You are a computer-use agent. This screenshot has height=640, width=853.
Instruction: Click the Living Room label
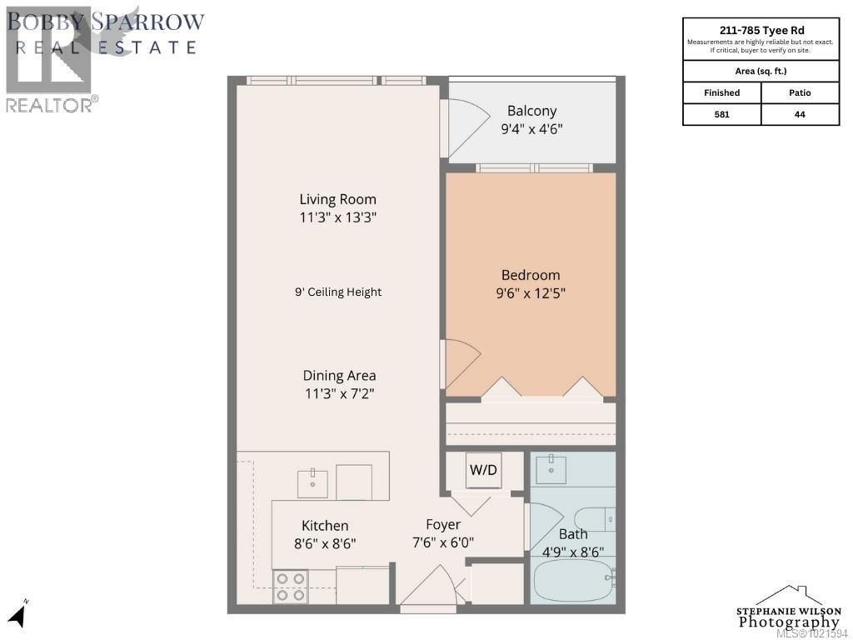[337, 199]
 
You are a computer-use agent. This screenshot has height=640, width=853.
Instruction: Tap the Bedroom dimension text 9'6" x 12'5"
[530, 292]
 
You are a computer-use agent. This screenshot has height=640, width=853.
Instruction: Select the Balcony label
[531, 111]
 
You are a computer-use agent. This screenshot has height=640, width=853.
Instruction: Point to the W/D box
[483, 470]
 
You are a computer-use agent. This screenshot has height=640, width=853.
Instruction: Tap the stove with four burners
[290, 587]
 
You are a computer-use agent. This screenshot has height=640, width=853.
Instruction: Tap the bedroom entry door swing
[461, 363]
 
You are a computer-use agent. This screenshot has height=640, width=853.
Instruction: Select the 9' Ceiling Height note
[338, 292]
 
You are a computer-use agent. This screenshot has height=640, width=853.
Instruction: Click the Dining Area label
[339, 375]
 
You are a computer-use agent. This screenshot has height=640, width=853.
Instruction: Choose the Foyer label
[443, 525]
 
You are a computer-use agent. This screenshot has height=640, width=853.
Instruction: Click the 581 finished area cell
[721, 114]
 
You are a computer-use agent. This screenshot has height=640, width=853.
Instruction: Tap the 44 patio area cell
[800, 114]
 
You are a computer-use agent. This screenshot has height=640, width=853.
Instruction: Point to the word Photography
[789, 622]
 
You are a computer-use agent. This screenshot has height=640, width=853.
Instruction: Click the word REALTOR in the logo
[48, 105]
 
